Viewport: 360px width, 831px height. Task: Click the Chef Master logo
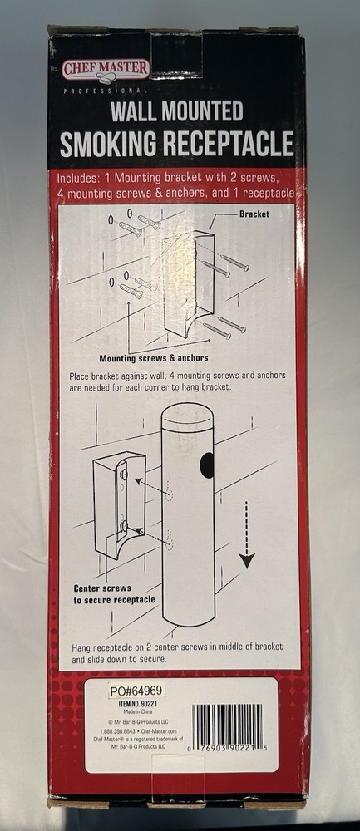105,70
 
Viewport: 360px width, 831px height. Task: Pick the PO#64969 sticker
136,690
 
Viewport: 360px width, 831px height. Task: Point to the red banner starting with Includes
176,186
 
